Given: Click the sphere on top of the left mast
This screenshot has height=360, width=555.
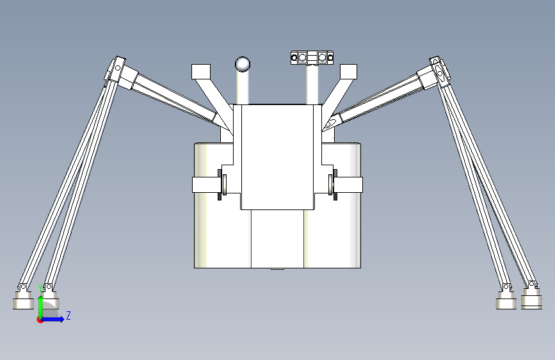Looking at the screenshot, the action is click(x=243, y=64).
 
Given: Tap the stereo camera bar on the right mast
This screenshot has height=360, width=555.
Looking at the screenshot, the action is click(x=312, y=58).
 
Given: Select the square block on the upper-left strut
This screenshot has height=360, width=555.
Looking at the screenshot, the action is click(x=201, y=72).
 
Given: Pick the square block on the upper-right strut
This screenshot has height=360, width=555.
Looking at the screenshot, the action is click(x=348, y=72).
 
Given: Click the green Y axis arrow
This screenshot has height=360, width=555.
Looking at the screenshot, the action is click(x=41, y=307).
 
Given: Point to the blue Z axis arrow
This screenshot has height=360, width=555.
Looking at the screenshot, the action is click(x=52, y=319).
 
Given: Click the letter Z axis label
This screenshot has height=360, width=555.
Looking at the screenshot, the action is click(x=68, y=315).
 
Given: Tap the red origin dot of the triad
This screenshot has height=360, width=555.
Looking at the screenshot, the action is click(x=39, y=320).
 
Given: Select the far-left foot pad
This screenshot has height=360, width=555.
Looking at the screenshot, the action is click(x=23, y=300).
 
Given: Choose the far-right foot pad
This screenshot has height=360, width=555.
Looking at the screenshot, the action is click(x=531, y=299).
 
